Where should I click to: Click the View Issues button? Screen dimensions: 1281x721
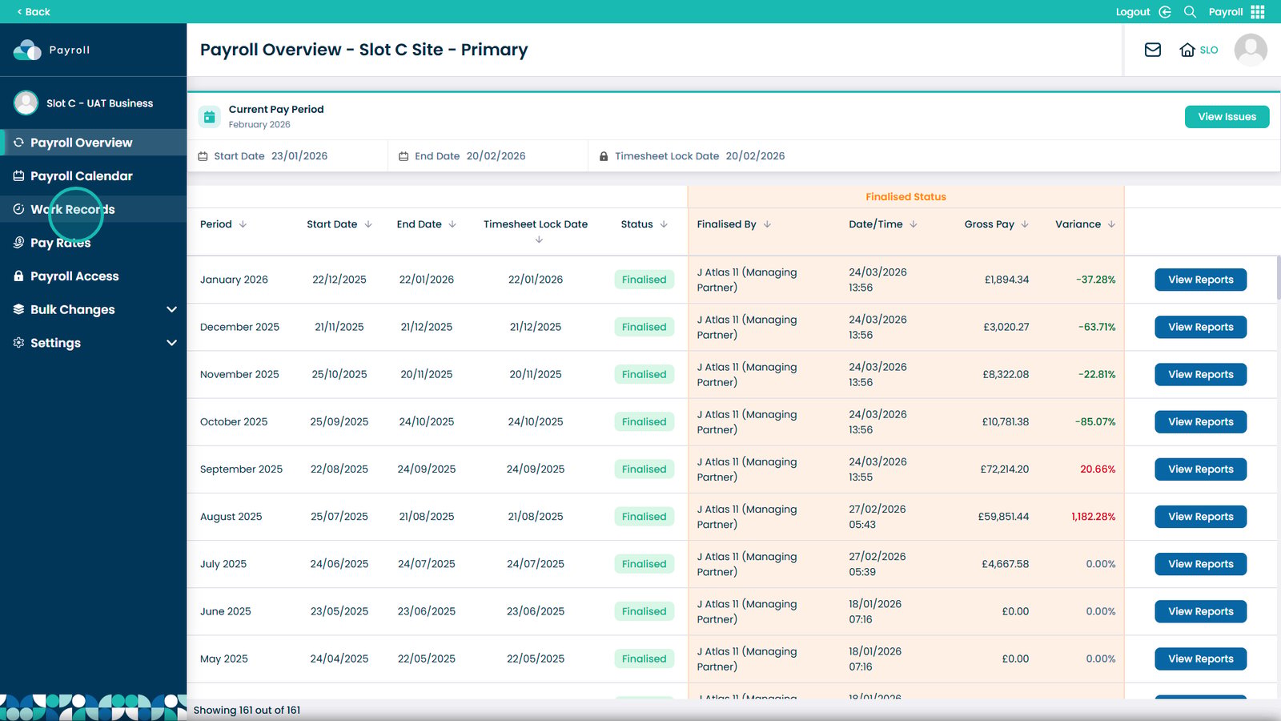1227,117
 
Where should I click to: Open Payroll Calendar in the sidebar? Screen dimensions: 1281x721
81,175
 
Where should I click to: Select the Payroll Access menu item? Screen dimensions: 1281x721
74,276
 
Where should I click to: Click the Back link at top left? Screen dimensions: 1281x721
34,11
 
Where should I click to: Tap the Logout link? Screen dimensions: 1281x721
1133,11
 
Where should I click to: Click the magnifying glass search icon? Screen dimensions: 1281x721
1190,11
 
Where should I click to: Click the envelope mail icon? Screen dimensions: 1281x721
1152,50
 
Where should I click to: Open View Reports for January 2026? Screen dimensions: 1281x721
1200,280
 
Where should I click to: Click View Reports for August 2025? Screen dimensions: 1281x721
1200,516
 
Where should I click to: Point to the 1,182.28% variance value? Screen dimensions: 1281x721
1094,516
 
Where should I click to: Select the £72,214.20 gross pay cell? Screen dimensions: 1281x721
1004,469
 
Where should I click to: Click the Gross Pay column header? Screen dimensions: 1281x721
990,224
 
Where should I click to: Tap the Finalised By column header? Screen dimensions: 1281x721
726,224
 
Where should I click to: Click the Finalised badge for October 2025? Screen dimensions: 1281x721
644,421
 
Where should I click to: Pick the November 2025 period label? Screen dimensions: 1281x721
239,374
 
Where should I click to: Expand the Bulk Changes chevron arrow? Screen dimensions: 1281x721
171,309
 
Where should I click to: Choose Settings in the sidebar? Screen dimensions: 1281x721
55,343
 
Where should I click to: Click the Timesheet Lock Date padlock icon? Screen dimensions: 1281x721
604,156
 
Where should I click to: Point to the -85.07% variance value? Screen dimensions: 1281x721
1095,421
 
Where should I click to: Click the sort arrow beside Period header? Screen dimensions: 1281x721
243,224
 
